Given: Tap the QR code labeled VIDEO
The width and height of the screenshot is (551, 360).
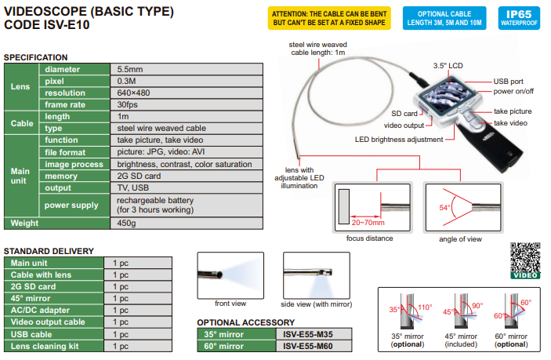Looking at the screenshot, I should click(524, 260).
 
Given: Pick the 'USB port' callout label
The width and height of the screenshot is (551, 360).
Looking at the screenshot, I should click(508, 81).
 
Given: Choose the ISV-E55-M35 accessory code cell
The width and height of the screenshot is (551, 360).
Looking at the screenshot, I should click(310, 333).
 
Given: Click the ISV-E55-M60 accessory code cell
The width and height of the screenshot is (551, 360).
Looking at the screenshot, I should click(310, 345).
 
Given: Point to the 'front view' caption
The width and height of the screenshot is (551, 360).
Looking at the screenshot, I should click(230, 302).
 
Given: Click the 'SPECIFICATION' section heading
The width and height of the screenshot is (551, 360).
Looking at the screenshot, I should click(36, 57).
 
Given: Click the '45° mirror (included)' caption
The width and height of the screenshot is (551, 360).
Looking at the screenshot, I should click(462, 339).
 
